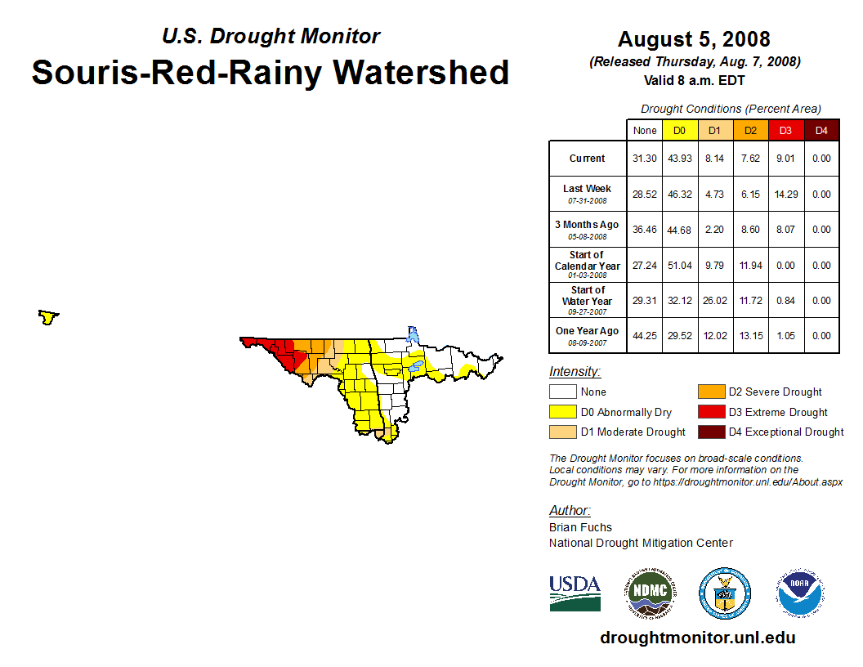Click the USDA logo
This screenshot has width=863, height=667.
tap(575, 593)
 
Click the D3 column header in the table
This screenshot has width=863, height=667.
tap(785, 131)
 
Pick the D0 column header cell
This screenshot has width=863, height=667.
tap(679, 131)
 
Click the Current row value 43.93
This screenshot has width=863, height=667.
tap(679, 159)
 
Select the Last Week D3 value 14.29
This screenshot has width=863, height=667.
tap(785, 195)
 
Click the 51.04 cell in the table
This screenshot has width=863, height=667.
tap(679, 266)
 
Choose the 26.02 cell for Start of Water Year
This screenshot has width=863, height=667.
tap(714, 301)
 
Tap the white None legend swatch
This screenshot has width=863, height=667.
tap(563, 392)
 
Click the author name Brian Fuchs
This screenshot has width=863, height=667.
tap(580, 527)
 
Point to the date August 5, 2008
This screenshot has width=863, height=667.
tap(694, 39)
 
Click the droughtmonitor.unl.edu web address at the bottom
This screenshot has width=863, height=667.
tap(697, 638)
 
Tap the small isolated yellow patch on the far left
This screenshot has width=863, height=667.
tap(49, 316)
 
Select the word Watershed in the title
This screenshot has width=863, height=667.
tap(421, 73)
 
